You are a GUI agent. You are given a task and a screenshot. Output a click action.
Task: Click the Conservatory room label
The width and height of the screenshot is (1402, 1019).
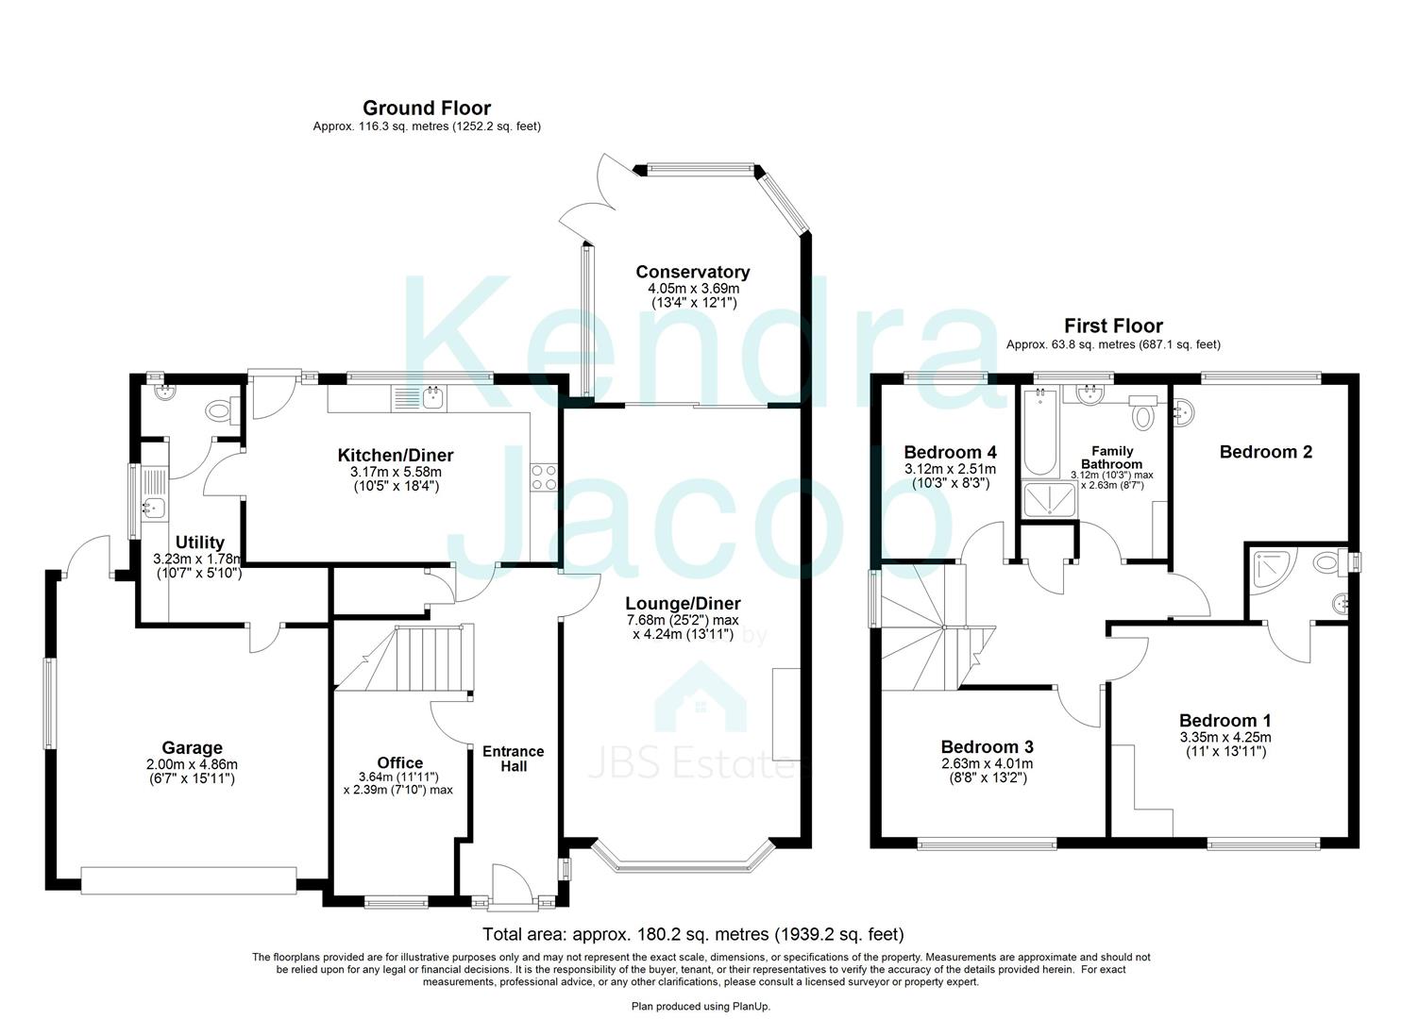(692, 272)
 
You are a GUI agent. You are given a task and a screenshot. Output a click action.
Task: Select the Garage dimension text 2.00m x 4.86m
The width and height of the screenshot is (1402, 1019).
(192, 764)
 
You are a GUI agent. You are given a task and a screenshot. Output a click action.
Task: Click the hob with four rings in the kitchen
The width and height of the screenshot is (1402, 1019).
(543, 476)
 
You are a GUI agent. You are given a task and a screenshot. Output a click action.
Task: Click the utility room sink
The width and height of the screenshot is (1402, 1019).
(152, 509)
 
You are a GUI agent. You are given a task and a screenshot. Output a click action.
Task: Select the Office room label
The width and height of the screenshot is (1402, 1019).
(399, 762)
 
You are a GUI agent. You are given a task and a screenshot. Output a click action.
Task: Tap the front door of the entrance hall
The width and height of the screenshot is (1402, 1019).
(511, 885)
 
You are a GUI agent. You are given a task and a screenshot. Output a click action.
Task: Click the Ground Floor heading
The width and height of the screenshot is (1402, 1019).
(427, 109)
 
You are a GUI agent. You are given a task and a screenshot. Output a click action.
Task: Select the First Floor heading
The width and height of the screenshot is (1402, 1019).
(1113, 326)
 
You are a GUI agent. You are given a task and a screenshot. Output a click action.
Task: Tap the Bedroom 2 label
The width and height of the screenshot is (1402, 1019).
(1265, 452)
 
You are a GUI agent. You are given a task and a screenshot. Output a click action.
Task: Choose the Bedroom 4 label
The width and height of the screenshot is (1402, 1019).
(950, 452)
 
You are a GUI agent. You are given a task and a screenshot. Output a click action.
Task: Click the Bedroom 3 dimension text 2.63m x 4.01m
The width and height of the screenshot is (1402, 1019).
(988, 764)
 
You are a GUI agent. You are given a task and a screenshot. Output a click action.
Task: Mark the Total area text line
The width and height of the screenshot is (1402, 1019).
(693, 935)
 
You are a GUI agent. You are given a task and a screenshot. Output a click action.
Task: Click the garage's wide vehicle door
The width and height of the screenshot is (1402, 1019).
(189, 880)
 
